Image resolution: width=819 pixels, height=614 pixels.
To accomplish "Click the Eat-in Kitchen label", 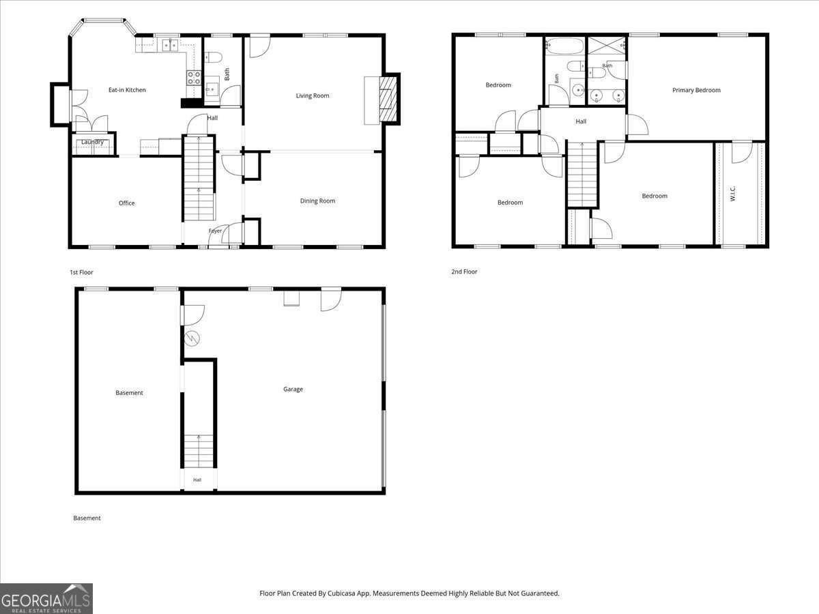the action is [x=127, y=90].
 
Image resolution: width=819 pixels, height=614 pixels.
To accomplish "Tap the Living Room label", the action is [x=313, y=96].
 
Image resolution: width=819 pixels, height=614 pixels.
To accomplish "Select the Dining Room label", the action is [x=317, y=201].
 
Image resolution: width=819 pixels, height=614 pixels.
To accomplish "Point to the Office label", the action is [x=126, y=203].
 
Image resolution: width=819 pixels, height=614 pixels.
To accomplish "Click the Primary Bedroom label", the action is [x=696, y=90].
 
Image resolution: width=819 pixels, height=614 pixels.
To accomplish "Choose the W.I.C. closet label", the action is [x=732, y=194].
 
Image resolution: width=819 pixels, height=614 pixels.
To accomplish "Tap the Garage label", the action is [x=293, y=389].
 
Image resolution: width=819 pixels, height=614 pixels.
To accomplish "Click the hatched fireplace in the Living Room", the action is [x=388, y=99].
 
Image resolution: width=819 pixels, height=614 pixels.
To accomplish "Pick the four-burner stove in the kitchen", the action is [x=194, y=78].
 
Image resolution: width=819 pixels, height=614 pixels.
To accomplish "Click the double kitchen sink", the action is [x=170, y=45].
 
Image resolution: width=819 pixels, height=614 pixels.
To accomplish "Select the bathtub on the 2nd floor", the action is [x=564, y=46].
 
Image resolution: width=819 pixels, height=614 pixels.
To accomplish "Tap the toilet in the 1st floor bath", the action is [x=214, y=58].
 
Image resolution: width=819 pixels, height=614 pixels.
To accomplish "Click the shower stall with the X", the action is [x=607, y=46].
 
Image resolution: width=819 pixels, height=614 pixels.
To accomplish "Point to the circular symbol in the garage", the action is [x=192, y=338].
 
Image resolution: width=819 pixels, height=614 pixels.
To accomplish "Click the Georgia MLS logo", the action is [x=46, y=599].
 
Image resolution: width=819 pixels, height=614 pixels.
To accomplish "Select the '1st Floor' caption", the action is [x=81, y=272].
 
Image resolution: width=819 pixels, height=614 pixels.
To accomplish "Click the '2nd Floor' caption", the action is [x=464, y=272].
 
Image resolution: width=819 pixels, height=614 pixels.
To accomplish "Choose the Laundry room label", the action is [x=92, y=142].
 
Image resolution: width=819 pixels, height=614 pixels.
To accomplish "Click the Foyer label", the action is [x=215, y=231].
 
